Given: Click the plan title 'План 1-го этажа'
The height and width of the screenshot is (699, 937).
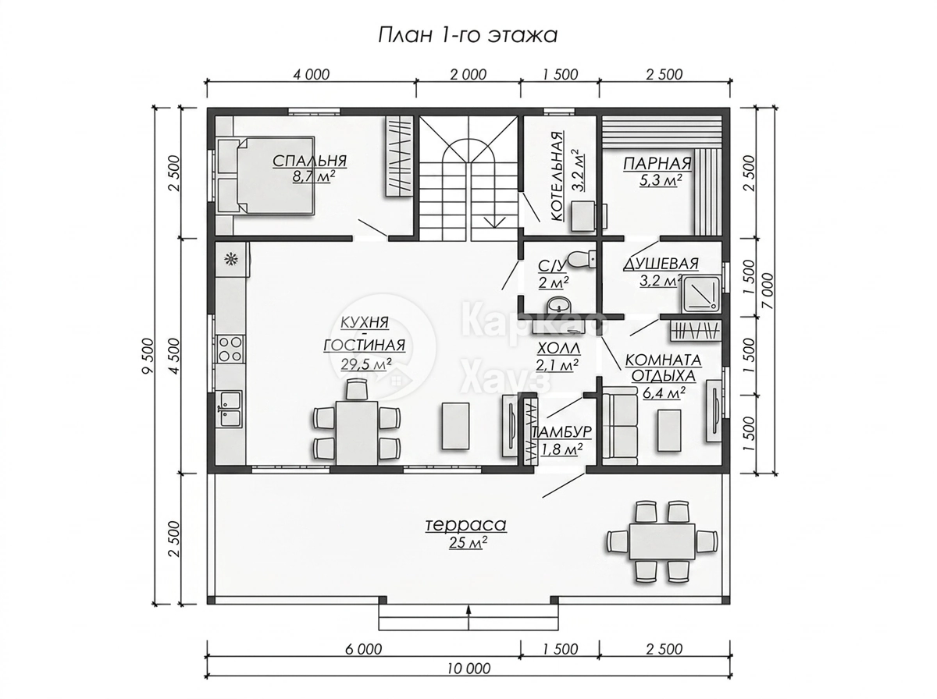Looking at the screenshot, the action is coord(468,35).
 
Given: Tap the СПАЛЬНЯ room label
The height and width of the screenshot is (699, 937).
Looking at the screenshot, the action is coord(309,161).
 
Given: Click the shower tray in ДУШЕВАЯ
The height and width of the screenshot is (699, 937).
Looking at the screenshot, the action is coord(701,293).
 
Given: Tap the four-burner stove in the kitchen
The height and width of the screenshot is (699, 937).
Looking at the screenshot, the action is coord(230,348).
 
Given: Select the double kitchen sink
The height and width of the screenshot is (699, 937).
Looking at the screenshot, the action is coord(230,408).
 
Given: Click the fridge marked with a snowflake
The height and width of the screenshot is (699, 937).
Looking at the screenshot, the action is coord(232,259).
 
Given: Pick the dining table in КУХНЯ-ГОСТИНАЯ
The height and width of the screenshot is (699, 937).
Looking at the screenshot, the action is coord(357,432).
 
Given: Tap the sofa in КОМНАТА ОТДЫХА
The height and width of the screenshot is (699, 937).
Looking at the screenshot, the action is coord(619,428).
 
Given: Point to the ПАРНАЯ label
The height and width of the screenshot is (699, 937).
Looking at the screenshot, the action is coord(657,163).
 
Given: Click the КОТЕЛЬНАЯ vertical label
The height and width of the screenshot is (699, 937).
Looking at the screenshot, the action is coord(557,176).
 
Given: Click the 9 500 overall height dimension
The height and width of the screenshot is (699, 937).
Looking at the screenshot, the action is coord(148,355).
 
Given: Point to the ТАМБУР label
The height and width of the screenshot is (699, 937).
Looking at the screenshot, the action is coord(561,432).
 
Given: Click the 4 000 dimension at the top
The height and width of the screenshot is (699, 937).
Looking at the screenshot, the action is coord(312,75).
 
